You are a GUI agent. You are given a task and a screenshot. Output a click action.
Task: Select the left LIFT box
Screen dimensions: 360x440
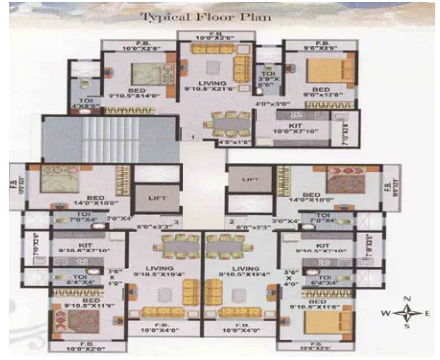(x=155, y=198)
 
